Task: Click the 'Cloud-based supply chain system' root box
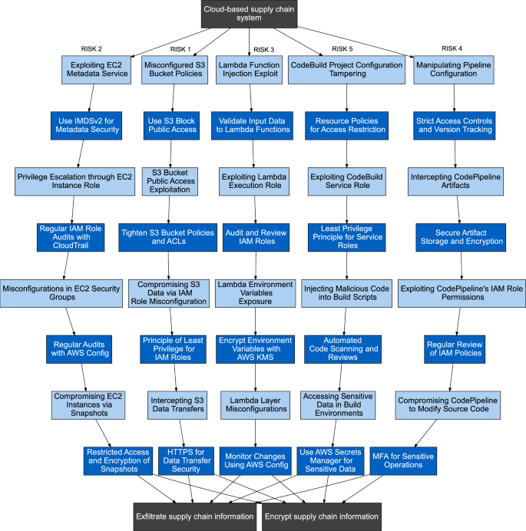pyautogui.click(x=249, y=15)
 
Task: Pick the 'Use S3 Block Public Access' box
pyautogui.click(x=172, y=124)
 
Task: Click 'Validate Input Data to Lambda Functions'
pyautogui.click(x=253, y=124)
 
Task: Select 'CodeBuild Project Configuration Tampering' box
pyautogui.click(x=346, y=71)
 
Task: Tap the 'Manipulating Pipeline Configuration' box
pyautogui.click(x=455, y=71)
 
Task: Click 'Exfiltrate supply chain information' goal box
pyautogui.click(x=195, y=516)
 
